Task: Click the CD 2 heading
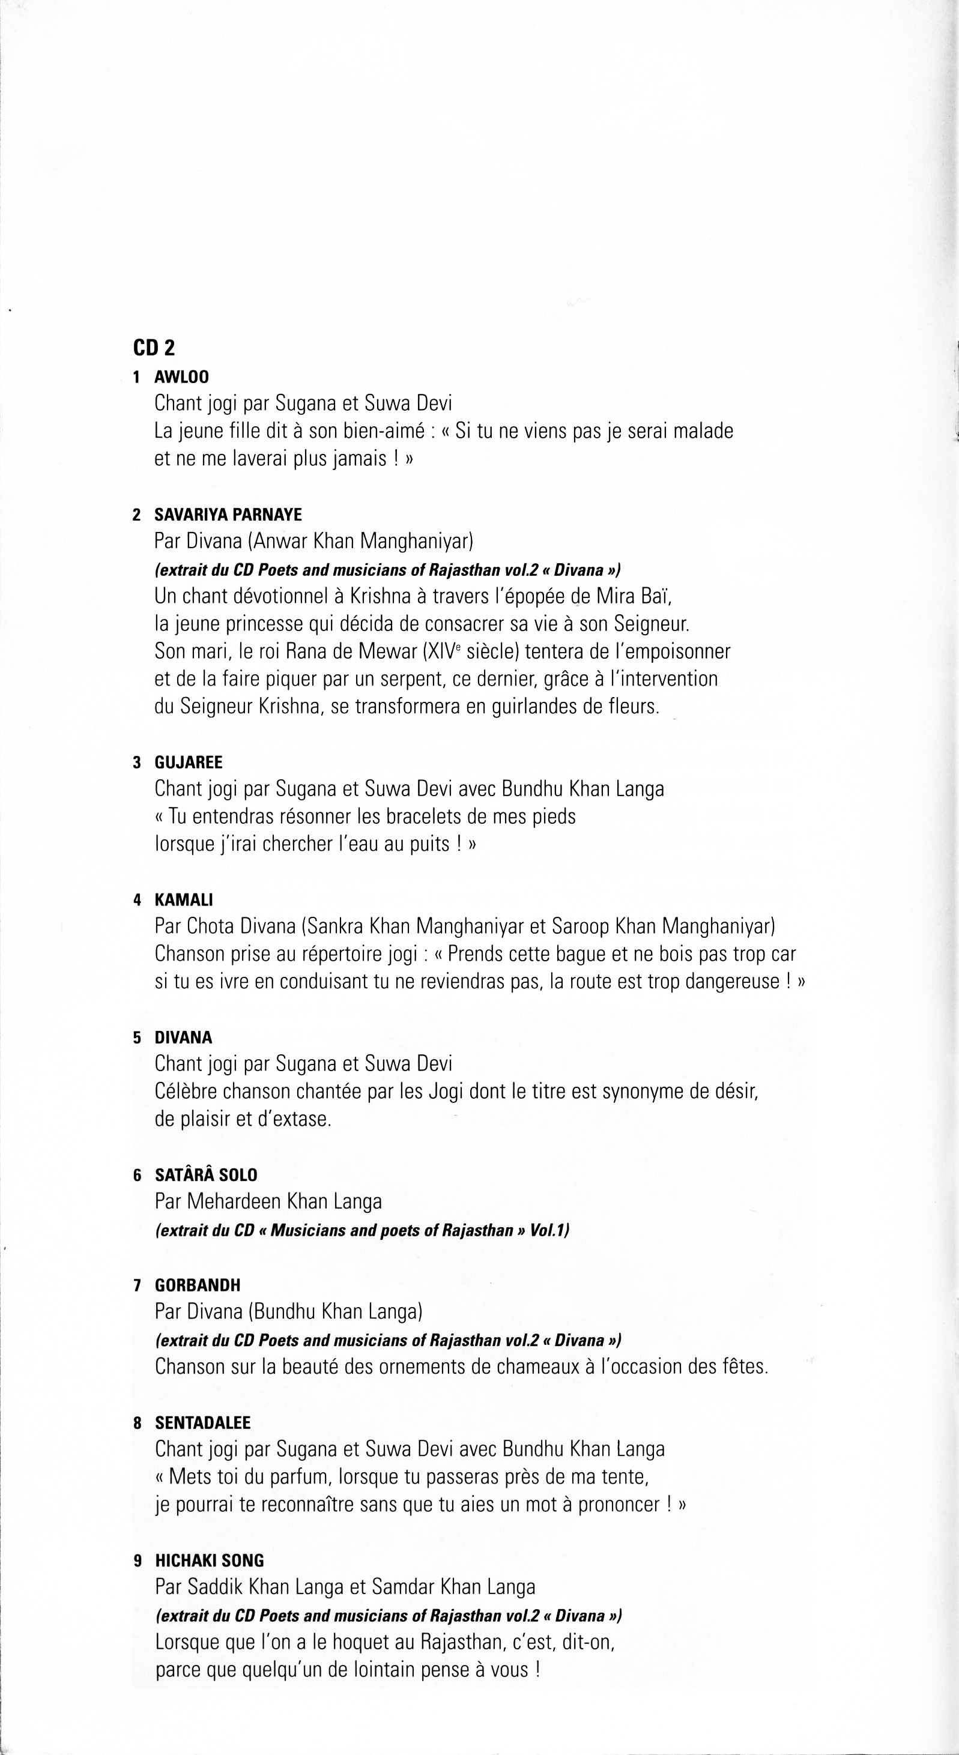pyautogui.click(x=154, y=348)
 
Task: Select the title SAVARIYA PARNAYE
pyautogui.click(x=228, y=515)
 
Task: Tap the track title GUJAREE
pyautogui.click(x=188, y=763)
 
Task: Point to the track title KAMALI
pyautogui.click(x=183, y=900)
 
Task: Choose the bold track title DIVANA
pyautogui.click(x=183, y=1038)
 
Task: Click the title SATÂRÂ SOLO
pyautogui.click(x=206, y=1175)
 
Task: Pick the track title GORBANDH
pyautogui.click(x=197, y=1285)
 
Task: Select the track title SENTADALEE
pyautogui.click(x=202, y=1423)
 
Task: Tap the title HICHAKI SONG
pyautogui.click(x=209, y=1561)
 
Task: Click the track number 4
pyautogui.click(x=138, y=901)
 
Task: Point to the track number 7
pyautogui.click(x=138, y=1286)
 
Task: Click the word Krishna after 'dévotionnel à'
pyautogui.click(x=380, y=597)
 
